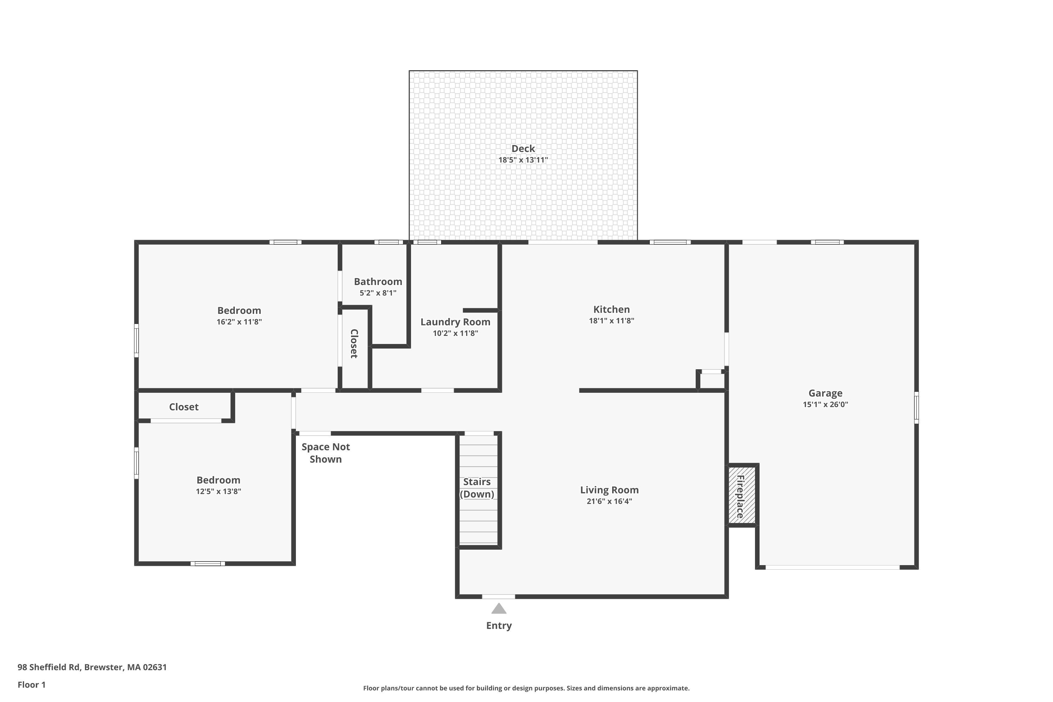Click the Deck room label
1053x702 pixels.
(523, 148)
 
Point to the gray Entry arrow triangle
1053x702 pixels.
(499, 608)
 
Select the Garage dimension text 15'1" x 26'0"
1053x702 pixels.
(825, 404)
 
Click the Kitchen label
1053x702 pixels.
(611, 309)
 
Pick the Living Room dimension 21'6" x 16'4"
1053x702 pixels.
(609, 501)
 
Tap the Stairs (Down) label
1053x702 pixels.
(477, 488)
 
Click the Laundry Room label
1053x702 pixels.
(455, 322)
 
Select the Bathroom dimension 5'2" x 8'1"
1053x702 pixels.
(378, 293)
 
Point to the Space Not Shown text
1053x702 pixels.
(325, 453)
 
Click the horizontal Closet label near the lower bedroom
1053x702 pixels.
(184, 407)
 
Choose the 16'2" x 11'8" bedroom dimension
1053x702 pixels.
(239, 322)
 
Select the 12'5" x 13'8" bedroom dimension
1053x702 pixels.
(218, 491)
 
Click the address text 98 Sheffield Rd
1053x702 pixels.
(49, 667)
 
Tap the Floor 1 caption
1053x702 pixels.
(31, 684)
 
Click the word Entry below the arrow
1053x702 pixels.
(499, 625)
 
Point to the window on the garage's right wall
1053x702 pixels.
(916, 408)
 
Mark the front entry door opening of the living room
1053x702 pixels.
(498, 596)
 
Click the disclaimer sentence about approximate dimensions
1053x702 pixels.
(526, 688)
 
